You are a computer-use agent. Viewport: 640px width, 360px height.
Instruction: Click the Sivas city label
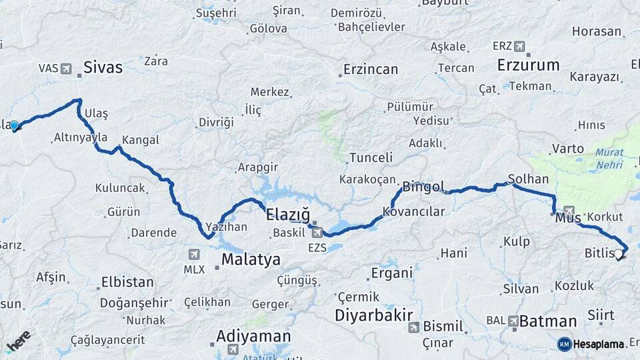click(x=103, y=67)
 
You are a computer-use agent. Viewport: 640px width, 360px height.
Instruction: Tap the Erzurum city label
click(x=529, y=65)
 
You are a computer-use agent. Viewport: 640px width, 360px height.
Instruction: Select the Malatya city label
click(x=251, y=259)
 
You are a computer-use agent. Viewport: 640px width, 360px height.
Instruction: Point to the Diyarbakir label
click(x=374, y=315)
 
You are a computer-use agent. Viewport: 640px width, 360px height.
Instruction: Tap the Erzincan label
click(x=371, y=69)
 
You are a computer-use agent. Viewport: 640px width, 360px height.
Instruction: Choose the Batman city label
click(x=547, y=321)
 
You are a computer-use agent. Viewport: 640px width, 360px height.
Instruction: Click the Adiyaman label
click(x=253, y=336)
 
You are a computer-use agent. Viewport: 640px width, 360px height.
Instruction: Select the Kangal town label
click(x=139, y=140)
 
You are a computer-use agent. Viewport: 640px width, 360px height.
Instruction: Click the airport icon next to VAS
click(x=66, y=68)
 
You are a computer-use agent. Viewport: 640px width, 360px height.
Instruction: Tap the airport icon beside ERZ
click(x=519, y=46)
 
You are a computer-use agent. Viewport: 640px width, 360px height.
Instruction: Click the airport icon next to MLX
click(x=193, y=254)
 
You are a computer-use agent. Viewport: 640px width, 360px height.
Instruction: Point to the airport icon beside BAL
click(x=513, y=321)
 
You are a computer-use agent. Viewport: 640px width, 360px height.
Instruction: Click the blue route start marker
click(x=14, y=125)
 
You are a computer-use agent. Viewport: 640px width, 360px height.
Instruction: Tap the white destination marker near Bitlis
click(x=619, y=253)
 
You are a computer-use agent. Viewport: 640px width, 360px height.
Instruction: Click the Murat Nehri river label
click(x=609, y=158)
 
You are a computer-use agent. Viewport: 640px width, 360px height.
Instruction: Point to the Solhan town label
click(x=528, y=179)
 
